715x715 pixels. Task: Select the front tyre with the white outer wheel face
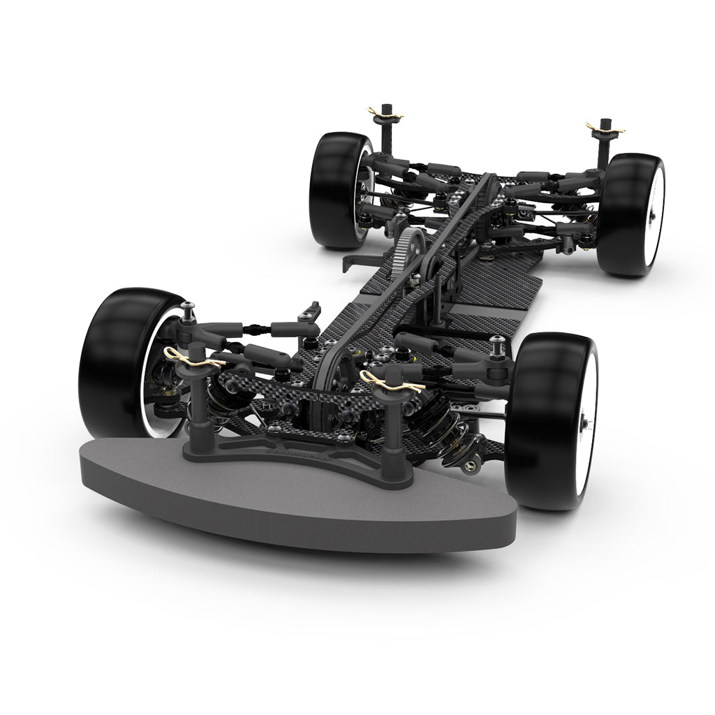[541, 419]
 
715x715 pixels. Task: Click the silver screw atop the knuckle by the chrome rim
[189, 307]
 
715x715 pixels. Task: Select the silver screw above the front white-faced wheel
[497, 340]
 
